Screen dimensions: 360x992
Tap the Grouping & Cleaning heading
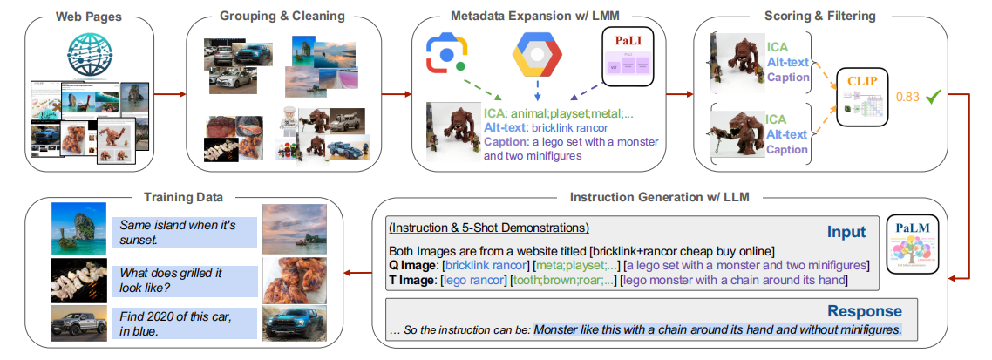(x=283, y=17)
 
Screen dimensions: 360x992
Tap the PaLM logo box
(x=911, y=248)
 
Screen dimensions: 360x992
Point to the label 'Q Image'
(x=411, y=264)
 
